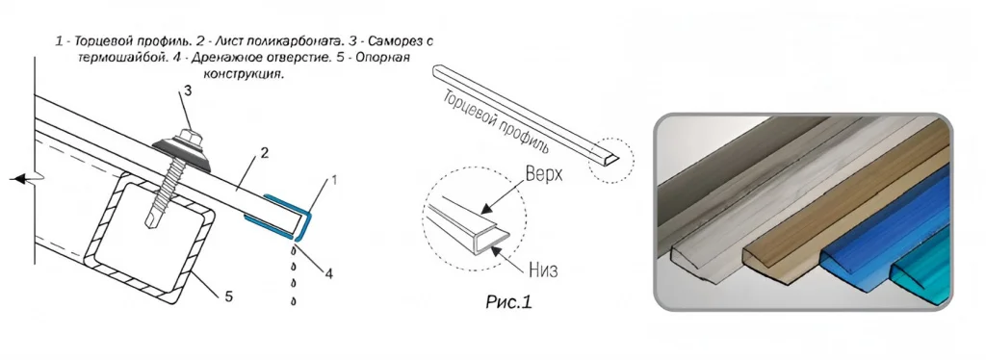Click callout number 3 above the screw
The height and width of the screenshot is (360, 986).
[x=188, y=91]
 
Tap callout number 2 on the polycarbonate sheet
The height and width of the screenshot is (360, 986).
[x=265, y=153]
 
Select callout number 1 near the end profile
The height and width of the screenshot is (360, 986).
[x=334, y=180]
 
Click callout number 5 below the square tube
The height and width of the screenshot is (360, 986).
[x=229, y=296]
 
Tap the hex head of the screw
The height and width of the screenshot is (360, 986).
[x=187, y=137]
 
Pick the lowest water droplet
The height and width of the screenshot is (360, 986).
[x=294, y=301]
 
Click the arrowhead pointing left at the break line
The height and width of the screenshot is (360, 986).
[x=17, y=179]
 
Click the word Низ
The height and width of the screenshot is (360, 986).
[x=543, y=270]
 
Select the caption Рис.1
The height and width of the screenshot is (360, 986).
[x=508, y=302]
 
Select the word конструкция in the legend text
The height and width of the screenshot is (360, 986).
[x=244, y=74]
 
